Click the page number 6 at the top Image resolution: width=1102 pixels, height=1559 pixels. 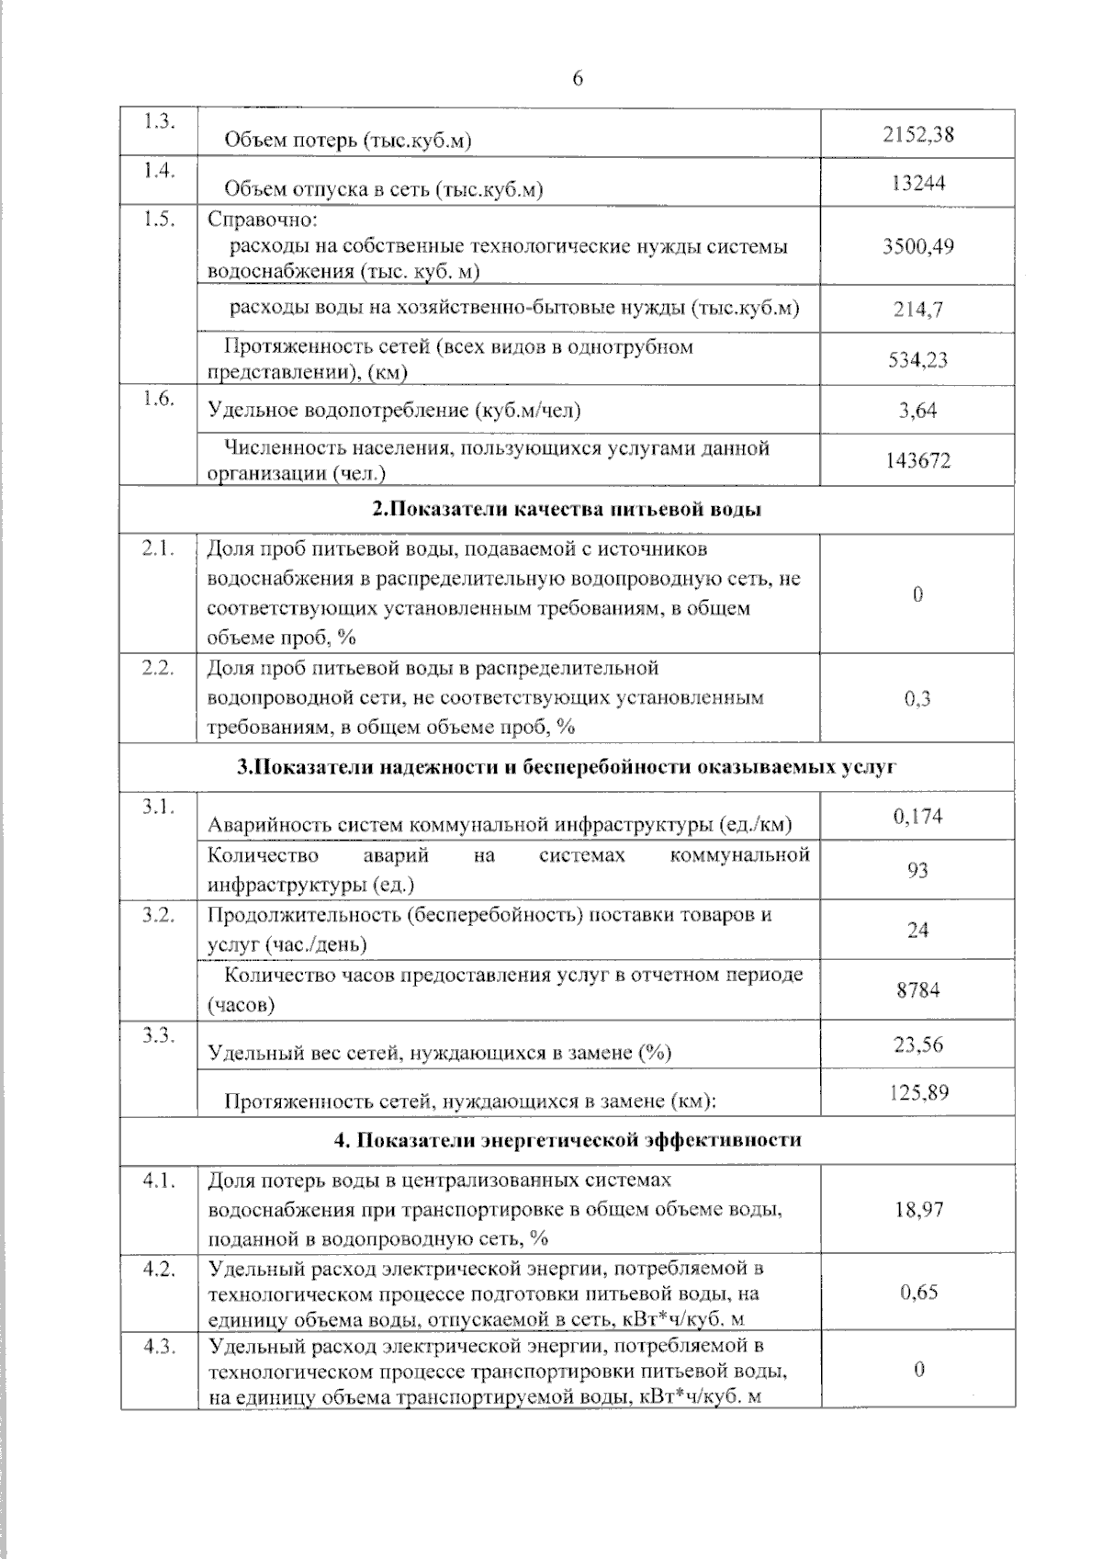(577, 79)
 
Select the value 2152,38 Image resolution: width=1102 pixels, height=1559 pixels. (917, 134)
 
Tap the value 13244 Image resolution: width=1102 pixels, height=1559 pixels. (917, 183)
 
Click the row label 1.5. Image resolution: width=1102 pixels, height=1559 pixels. (159, 220)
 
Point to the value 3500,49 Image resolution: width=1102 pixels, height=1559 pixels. (917, 246)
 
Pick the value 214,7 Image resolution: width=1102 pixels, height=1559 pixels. (917, 310)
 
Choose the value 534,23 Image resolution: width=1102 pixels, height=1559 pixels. (917, 359)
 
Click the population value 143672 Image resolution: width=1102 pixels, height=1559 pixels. (917, 460)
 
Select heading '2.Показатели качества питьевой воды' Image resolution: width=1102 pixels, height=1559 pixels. (567, 510)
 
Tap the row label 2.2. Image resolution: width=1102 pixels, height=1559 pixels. (158, 668)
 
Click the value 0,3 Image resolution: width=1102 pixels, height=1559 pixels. (917, 698)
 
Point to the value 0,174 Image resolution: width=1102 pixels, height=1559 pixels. (917, 816)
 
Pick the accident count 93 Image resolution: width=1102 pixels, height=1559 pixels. (917, 870)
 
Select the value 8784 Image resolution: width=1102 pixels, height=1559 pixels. (917, 990)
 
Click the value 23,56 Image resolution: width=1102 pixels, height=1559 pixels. (917, 1045)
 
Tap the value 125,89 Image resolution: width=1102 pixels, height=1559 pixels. (917, 1092)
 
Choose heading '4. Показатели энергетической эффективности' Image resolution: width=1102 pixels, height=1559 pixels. (567, 1140)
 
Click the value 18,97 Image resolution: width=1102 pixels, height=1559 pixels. (918, 1209)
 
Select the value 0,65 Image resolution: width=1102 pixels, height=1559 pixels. (918, 1292)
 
